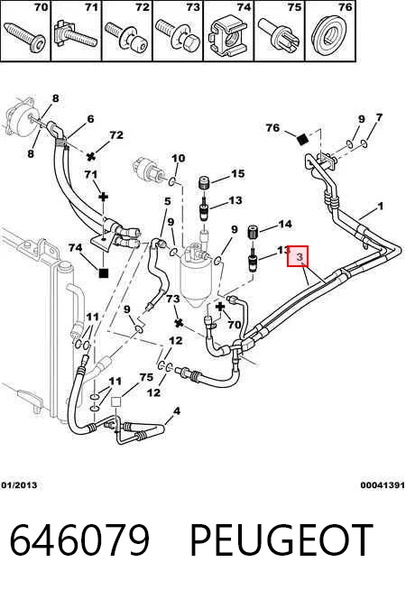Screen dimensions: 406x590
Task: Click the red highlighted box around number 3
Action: pyautogui.click(x=298, y=256)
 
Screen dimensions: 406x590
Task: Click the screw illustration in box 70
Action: pyautogui.click(x=25, y=36)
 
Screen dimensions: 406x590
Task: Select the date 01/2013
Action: pyautogui.click(x=19, y=485)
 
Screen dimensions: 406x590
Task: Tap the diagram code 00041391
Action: pyautogui.click(x=383, y=485)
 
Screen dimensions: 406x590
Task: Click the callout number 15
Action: pyautogui.click(x=237, y=173)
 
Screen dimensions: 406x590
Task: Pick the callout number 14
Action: pyautogui.click(x=285, y=225)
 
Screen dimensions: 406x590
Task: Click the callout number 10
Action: pyautogui.click(x=178, y=158)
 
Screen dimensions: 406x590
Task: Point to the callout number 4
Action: pyautogui.click(x=177, y=410)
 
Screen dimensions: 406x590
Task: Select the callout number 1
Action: pyautogui.click(x=381, y=207)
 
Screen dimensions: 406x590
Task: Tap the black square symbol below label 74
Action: pyautogui.click(x=103, y=272)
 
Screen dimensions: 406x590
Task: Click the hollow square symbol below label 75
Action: pyautogui.click(x=116, y=401)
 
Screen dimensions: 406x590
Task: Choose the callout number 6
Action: pyautogui.click(x=90, y=119)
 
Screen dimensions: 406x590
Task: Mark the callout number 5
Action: pyautogui.click(x=168, y=201)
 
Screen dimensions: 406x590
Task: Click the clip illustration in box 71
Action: pyautogui.click(x=75, y=36)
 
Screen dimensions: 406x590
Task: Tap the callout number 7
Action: pyautogui.click(x=379, y=118)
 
